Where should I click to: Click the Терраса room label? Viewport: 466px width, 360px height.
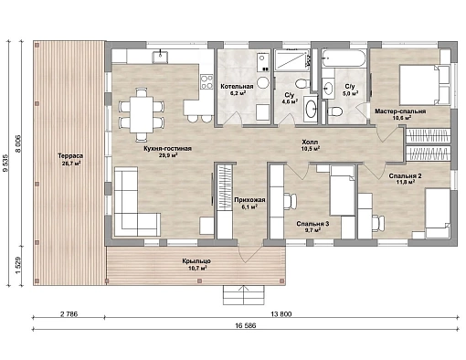(x=70, y=156)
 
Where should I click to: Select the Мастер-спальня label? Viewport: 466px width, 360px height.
(x=400, y=111)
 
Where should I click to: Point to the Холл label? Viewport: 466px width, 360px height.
(x=310, y=142)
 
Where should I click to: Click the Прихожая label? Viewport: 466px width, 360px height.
(x=249, y=200)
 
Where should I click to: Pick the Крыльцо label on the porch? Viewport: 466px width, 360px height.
(x=196, y=261)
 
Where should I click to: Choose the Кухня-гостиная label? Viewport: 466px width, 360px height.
(x=167, y=148)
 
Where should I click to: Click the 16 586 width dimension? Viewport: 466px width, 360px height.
(x=246, y=325)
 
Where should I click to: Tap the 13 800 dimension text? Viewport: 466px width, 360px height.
(x=281, y=314)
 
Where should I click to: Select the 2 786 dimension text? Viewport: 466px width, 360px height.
(x=69, y=314)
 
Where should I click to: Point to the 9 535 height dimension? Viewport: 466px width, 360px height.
(x=5, y=163)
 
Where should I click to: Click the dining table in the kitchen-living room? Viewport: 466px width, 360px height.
(x=142, y=114)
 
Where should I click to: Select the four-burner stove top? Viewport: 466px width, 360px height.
(x=207, y=82)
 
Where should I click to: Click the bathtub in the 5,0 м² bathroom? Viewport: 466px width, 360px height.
(x=344, y=58)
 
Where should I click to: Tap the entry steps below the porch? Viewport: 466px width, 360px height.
(x=244, y=295)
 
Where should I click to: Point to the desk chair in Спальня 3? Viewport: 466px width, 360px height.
(x=290, y=201)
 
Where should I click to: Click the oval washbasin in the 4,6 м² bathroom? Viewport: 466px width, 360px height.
(x=311, y=109)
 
